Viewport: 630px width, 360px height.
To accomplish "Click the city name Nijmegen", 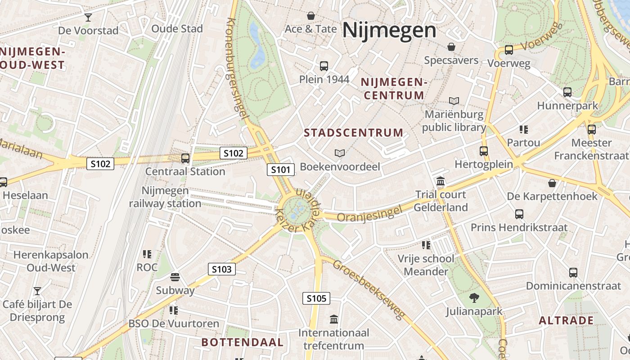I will pos(389,31).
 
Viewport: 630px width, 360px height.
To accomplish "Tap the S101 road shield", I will pos(281,170).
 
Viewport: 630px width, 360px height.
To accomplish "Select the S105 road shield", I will pos(316,298).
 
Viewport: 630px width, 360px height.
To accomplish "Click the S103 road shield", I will pos(221,270).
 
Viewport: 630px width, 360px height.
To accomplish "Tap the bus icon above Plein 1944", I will pos(324,66).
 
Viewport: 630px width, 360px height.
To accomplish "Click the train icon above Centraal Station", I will pos(185,158).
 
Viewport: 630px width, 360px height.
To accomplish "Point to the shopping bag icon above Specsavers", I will pos(451,47).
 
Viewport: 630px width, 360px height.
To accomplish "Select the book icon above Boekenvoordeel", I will pos(340,153).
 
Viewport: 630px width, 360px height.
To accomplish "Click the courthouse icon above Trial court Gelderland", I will pos(441,181).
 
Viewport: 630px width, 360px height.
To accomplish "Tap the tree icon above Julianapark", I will pos(474,297).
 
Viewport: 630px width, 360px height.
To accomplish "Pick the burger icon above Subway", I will pos(175,277).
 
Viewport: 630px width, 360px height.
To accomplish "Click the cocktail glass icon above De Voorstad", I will pos(88,18).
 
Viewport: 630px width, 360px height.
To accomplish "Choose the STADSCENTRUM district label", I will pos(354,133).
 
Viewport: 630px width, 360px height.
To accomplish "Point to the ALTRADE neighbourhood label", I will pos(566,320).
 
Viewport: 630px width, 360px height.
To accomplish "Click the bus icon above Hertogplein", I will pos(484,151).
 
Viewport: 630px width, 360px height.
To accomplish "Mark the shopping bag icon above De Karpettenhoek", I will pos(552,183).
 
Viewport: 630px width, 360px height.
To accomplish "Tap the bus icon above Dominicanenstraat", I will pos(573,273).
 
